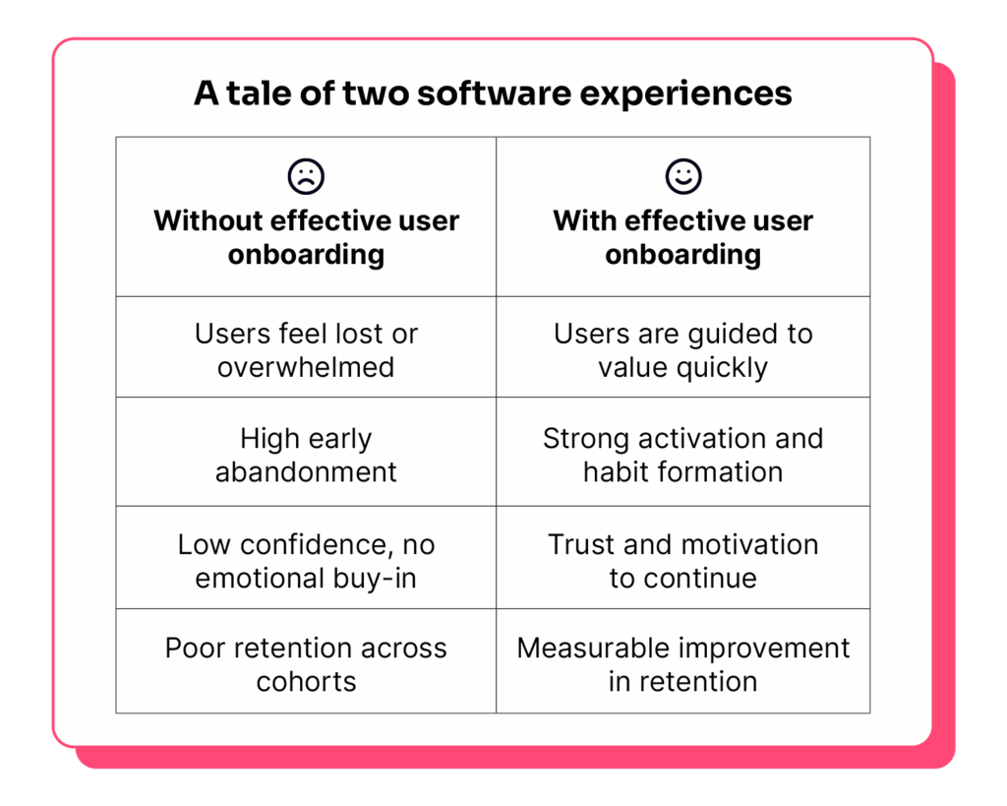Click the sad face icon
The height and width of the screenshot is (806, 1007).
click(x=307, y=176)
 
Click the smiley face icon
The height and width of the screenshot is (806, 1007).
click(x=683, y=176)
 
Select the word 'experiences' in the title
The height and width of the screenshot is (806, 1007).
click(x=685, y=94)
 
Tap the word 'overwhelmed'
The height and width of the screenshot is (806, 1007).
click(x=306, y=368)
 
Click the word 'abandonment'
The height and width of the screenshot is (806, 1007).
click(x=307, y=472)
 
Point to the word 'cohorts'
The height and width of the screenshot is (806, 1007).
click(x=307, y=681)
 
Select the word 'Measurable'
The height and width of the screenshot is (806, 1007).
click(x=581, y=648)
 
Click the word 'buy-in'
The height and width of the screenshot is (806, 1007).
click(x=375, y=579)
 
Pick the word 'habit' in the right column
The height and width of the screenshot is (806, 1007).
click(x=615, y=472)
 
